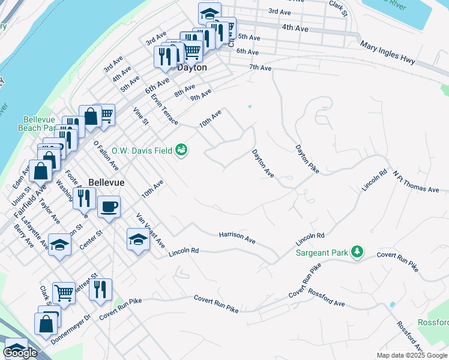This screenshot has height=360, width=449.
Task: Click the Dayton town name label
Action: (x=192, y=68)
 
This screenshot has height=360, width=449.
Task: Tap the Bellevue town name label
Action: (x=106, y=182)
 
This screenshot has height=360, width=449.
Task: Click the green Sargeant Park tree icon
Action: (x=358, y=252)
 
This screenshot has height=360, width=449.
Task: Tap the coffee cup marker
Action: (x=108, y=208)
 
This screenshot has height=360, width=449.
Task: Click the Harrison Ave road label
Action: (x=237, y=238)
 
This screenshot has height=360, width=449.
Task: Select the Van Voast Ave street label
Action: (x=150, y=230)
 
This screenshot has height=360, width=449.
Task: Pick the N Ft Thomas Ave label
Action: (x=416, y=181)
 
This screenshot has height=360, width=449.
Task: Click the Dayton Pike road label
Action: (x=306, y=159)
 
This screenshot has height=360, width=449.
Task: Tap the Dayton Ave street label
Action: (x=263, y=163)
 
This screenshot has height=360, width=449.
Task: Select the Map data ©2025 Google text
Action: (x=412, y=355)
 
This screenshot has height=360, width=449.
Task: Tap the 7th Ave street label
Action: (x=261, y=68)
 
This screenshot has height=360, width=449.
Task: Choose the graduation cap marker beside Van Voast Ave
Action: (x=138, y=241)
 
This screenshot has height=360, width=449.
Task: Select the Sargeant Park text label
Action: (x=322, y=253)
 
